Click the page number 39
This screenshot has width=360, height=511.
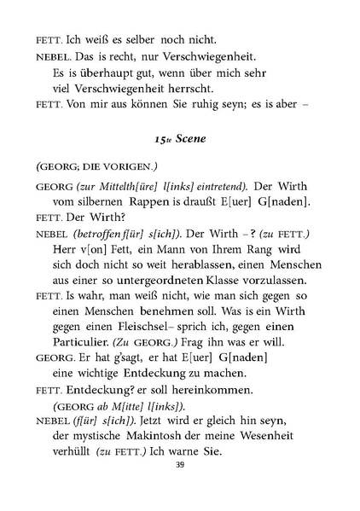tap(179, 465)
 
